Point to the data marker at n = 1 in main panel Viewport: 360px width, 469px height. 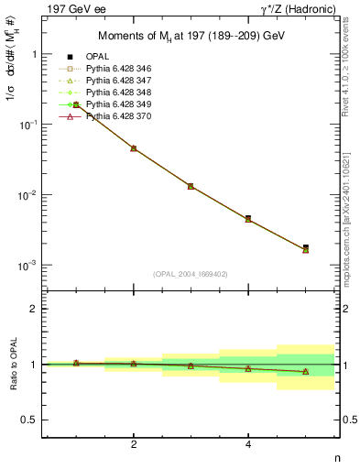(x=76, y=105)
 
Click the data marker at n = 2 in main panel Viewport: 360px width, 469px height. (x=134, y=147)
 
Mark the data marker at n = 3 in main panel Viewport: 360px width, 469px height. (x=191, y=185)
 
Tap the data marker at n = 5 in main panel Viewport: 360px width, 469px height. (x=305, y=248)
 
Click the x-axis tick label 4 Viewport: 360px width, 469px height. (x=248, y=444)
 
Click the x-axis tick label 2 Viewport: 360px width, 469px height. (x=134, y=444)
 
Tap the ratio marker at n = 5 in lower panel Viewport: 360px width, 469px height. (x=305, y=372)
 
